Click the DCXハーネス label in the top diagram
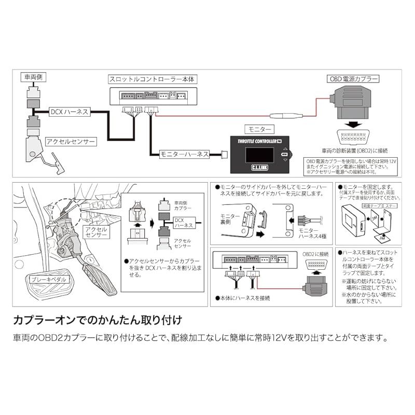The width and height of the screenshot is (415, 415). click(x=70, y=112)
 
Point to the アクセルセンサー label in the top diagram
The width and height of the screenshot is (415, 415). click(x=70, y=141)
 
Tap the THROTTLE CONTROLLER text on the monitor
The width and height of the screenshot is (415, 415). click(x=255, y=141)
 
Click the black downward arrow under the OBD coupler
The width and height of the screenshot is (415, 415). click(x=354, y=125)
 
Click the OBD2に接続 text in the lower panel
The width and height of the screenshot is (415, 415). click(x=315, y=254)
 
